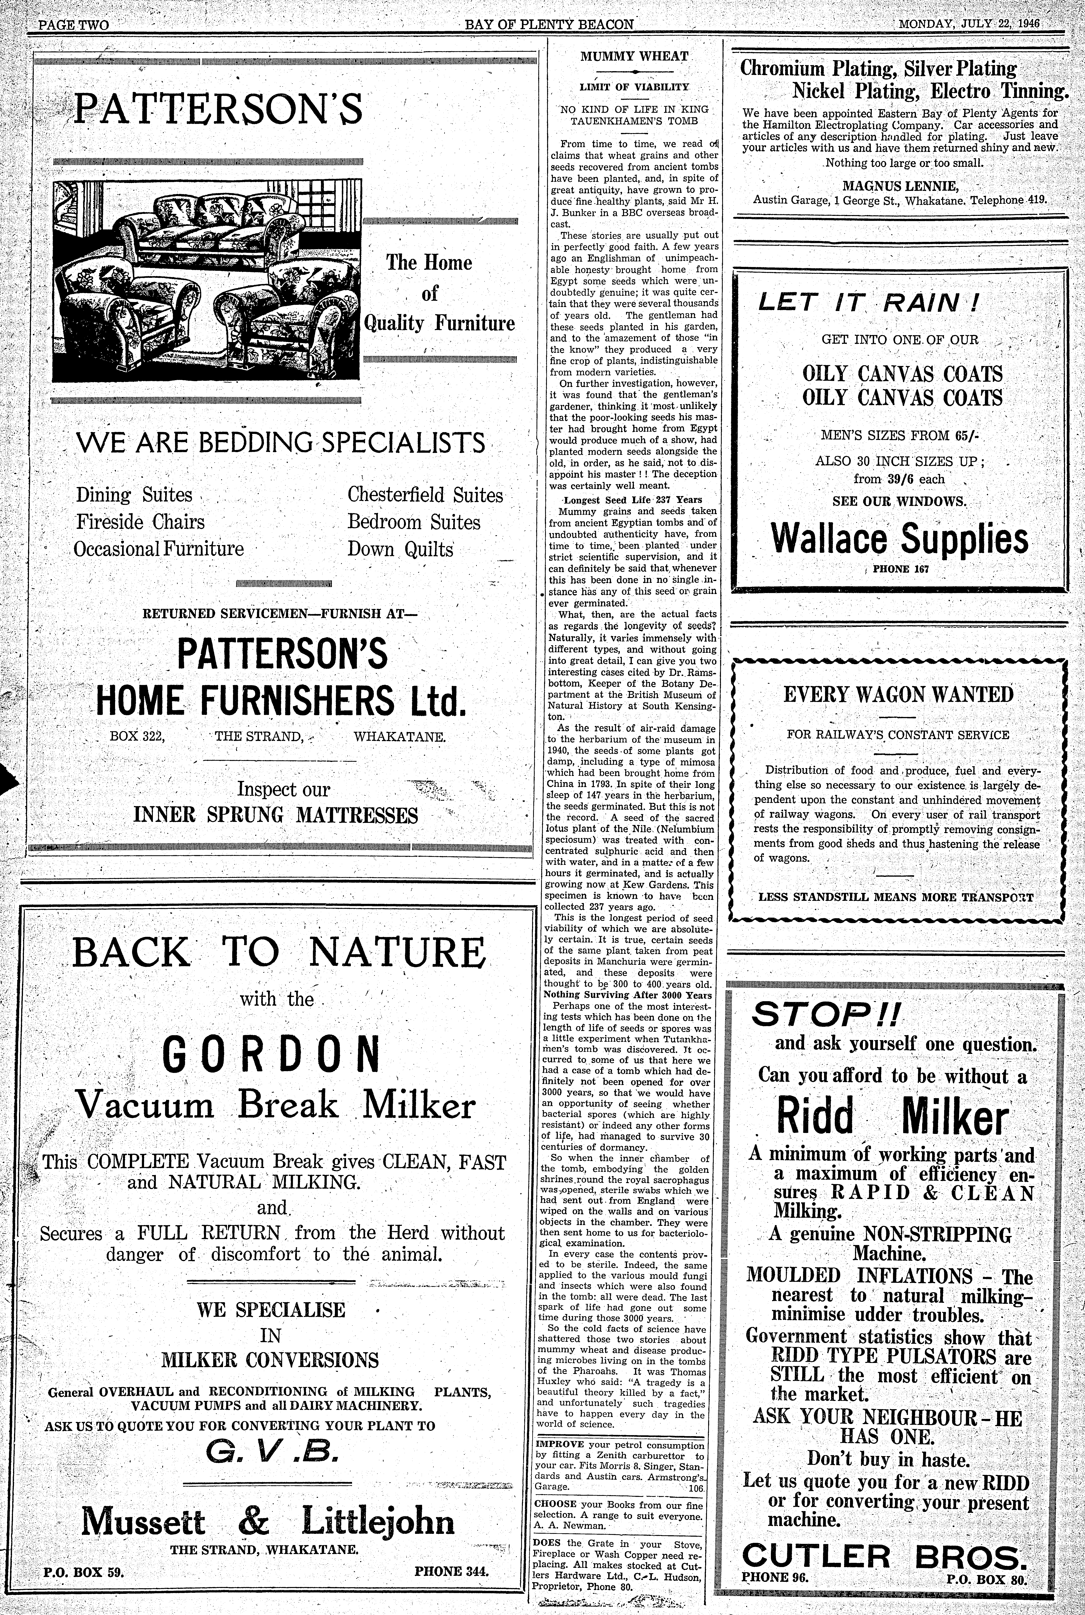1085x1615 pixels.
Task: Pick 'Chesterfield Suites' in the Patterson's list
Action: coord(425,495)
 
